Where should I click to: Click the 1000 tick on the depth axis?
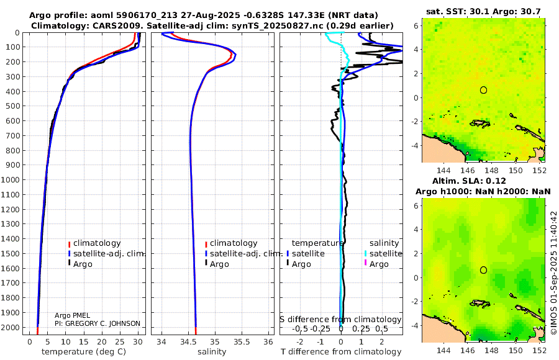click(12, 180)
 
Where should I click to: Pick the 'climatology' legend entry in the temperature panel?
click(97, 243)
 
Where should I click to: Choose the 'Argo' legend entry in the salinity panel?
click(219, 264)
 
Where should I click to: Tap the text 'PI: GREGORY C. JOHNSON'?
click(98, 323)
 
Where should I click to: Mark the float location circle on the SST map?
click(483, 90)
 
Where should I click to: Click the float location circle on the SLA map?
click(483, 270)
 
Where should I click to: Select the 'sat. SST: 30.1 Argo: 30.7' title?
click(484, 11)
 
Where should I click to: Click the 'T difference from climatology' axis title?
click(341, 352)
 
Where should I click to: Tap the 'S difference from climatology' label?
click(340, 320)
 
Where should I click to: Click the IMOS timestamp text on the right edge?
click(553, 273)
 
